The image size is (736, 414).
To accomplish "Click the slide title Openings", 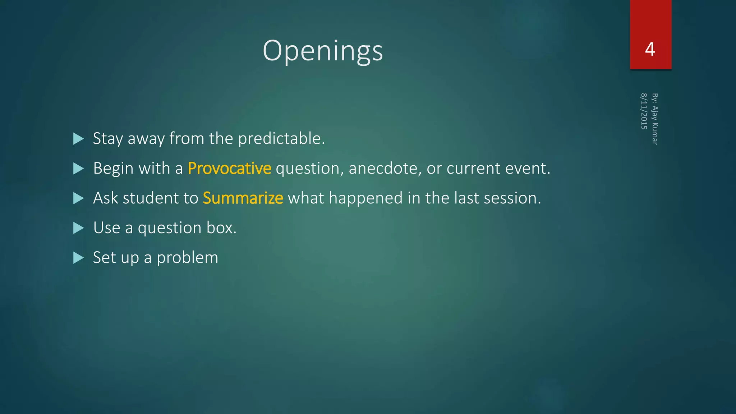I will [x=323, y=51].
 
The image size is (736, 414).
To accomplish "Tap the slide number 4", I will [x=650, y=49].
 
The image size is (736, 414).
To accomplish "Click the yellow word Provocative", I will [x=229, y=168].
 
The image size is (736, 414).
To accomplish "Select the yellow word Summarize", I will [x=243, y=198].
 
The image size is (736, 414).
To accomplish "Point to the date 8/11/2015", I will [x=644, y=111].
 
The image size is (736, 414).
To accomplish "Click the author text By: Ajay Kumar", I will [x=655, y=119].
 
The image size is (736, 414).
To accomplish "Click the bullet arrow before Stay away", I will [x=78, y=139].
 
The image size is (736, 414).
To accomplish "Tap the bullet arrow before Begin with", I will [x=78, y=169].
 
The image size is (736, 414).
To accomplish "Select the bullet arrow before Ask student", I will [x=78, y=198].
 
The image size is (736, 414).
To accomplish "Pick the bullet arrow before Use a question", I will [x=78, y=228].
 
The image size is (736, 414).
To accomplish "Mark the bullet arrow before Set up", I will [x=78, y=258].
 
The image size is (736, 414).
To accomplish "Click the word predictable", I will [x=281, y=139].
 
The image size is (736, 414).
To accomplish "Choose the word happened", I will [x=365, y=198].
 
